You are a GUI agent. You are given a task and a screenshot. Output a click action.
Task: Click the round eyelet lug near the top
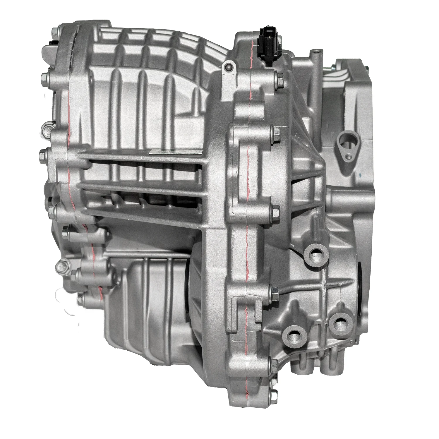[228, 67]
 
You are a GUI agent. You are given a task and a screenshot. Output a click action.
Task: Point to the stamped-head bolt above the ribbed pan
[62, 266]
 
